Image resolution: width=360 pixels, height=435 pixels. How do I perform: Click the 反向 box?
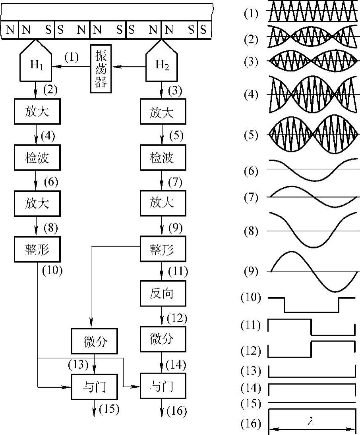162,294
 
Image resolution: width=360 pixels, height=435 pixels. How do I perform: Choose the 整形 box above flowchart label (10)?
37,249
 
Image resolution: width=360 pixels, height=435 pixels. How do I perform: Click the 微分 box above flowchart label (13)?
95,341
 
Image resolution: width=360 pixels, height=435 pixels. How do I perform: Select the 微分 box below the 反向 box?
162,339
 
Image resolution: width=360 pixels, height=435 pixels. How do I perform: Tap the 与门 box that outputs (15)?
95,386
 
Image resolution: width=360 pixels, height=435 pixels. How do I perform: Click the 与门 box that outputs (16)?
163,386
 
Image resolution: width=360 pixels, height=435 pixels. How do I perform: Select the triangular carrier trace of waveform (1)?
312,11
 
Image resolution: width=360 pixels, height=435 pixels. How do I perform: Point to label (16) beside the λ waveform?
251,423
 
